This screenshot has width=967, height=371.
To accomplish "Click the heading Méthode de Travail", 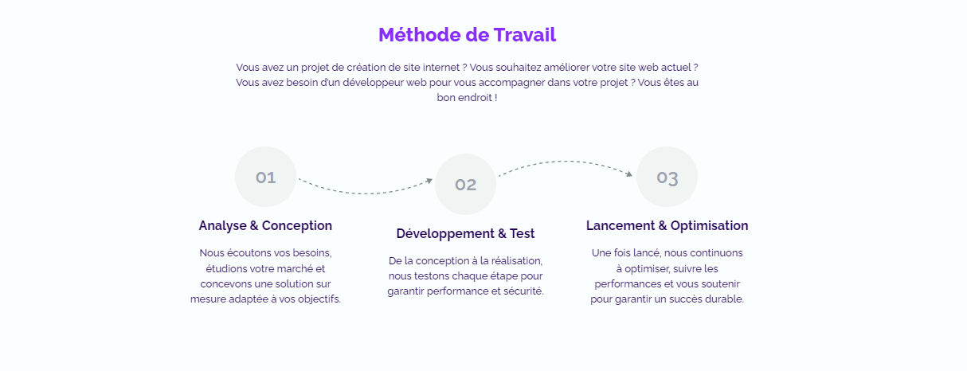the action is pos(467,35).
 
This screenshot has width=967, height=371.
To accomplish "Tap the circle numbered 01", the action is pos(265,177).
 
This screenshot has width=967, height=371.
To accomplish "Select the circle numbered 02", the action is pos(465,184).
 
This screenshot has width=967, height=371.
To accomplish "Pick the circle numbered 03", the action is pos(667,177).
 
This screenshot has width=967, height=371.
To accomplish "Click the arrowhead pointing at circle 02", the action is pos(429,181).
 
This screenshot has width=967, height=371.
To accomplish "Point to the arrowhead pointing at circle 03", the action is pos(629,174).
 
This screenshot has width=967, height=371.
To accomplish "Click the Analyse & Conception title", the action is pos(265,225).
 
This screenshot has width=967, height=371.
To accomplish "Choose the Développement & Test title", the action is pos(465,234).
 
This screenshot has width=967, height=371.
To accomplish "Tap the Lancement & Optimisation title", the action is pos(667,225).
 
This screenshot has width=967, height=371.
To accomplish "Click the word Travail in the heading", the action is pos(524,35).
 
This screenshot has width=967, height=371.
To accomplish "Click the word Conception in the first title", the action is pos(297,225).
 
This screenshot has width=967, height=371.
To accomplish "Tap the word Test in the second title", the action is pos(522,234).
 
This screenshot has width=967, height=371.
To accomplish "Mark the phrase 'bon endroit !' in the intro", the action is pos(467,98).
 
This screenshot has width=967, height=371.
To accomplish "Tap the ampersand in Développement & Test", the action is pos(502,234).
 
